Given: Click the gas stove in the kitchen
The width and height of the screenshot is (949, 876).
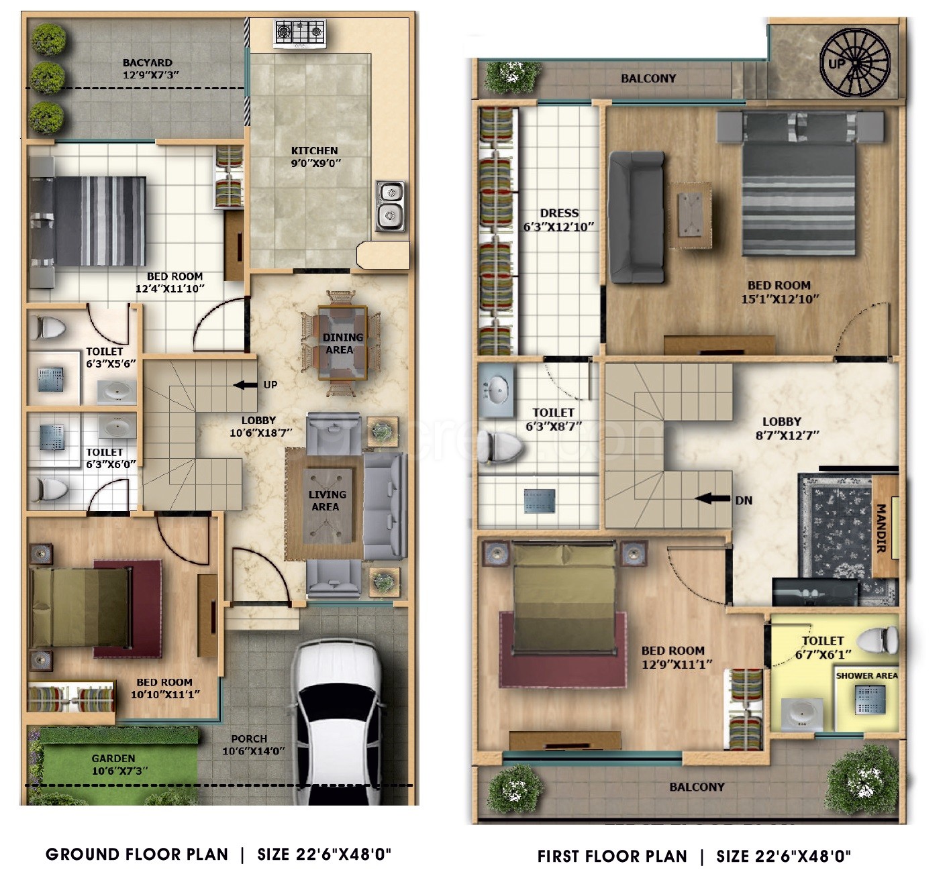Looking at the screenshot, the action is point(300,34).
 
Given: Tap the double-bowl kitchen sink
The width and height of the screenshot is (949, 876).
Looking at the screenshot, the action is point(391,206).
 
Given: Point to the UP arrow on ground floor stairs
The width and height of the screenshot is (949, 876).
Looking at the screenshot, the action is point(245,385).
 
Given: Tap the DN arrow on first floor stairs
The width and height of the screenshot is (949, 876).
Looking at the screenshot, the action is point(712,498).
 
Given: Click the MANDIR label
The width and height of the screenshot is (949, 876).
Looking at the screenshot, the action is point(882,528).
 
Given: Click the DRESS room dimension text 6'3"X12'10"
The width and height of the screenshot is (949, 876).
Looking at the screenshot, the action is point(558,227).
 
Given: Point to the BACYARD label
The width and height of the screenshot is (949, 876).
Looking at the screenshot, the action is point(147,62).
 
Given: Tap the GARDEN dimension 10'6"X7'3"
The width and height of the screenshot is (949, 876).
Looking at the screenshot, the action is point(119,771).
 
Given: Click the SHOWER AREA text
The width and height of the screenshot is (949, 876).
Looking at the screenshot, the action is point(867,676).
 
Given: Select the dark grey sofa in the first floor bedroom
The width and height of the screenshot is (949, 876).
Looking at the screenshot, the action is point(636,217).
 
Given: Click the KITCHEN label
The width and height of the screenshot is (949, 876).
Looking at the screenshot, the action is point(314,150).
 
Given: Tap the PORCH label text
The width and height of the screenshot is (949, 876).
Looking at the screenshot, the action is point(249,739).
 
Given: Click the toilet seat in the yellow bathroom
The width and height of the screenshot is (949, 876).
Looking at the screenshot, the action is point(878,640).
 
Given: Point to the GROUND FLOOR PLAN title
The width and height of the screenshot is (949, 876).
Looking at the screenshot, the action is point(137,855).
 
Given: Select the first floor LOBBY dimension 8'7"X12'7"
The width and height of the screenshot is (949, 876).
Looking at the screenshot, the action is point(787,435).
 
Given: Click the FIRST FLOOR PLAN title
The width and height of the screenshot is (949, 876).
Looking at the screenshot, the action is point(612,857).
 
